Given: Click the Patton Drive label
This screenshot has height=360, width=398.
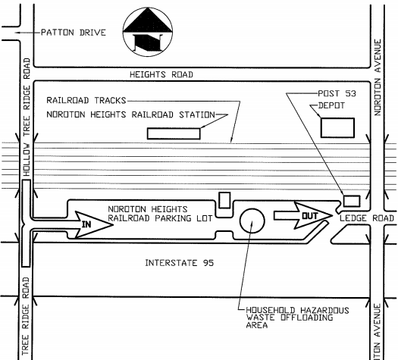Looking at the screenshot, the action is point(74,33).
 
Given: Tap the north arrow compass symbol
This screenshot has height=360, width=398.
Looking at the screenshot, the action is point(148,32).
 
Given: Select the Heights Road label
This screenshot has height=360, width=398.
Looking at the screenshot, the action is point(161,74).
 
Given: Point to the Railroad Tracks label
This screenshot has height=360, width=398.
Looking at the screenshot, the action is point(86,101).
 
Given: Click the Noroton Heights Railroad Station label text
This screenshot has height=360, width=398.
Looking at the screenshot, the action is point(130,114).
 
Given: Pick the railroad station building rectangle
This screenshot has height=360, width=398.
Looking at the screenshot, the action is point(174,133).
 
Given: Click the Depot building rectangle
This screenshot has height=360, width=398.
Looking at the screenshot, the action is point(337,127).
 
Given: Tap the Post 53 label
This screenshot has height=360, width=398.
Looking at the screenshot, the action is point(337,94).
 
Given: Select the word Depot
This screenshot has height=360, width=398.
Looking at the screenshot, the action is point(331,105).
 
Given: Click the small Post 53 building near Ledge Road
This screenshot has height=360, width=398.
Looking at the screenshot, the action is point(352,201).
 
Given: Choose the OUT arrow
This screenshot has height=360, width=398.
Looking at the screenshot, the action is point(303,215).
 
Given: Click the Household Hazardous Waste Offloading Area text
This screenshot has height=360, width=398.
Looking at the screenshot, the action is point(297,318).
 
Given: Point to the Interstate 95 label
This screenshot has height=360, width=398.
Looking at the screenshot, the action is point(180,263).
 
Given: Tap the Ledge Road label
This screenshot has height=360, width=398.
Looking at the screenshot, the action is point(367,218).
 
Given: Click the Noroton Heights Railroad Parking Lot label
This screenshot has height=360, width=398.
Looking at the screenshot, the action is point(160,214).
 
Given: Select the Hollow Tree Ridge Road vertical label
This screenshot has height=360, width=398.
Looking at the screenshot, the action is point(27,117).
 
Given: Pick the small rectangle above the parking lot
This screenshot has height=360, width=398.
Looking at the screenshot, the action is point(224,200).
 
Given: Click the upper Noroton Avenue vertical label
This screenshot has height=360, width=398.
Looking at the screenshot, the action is point(378,77).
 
